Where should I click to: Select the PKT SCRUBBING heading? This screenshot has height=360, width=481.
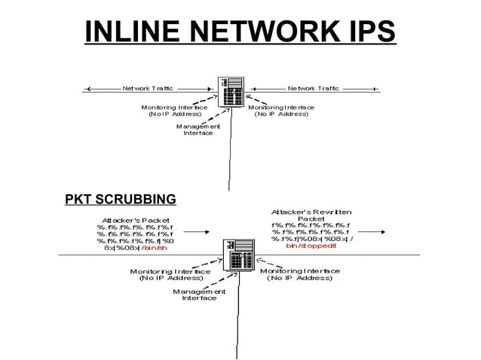(121, 200)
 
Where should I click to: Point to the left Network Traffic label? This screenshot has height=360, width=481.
(148, 88)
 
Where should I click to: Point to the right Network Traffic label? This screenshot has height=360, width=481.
(313, 88)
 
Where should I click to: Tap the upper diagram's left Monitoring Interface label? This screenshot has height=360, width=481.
(174, 111)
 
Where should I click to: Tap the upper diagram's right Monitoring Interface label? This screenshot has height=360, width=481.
(281, 111)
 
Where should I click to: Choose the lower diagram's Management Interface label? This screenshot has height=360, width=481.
(199, 294)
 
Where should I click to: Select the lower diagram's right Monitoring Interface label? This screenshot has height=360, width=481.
(299, 274)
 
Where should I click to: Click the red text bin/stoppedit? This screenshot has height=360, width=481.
(311, 246)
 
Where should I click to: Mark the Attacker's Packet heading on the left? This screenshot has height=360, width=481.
(136, 220)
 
